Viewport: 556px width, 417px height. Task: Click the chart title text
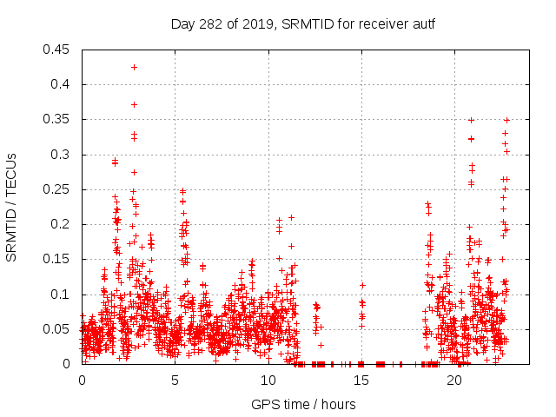click(x=302, y=23)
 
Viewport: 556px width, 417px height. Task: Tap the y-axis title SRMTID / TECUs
click(x=12, y=207)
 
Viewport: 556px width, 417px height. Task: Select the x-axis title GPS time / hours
click(x=302, y=404)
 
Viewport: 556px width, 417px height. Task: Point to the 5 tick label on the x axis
click(x=175, y=380)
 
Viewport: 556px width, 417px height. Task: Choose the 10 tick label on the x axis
click(x=268, y=380)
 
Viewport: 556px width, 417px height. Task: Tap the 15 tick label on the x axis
click(x=361, y=380)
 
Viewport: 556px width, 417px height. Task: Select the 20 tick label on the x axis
click(x=453, y=380)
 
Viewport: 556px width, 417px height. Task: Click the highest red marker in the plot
click(x=134, y=67)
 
